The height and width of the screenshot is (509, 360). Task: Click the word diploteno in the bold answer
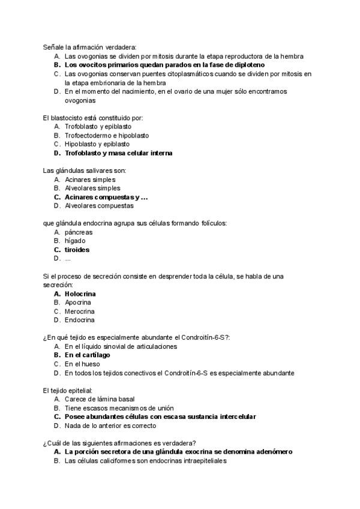tap(248, 65)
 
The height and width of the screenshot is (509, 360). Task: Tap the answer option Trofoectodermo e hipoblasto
tap(107, 136)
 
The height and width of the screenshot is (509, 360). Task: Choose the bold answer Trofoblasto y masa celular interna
tap(118, 153)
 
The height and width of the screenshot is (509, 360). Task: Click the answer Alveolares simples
tap(92, 188)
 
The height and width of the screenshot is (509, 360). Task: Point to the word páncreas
tap(79, 232)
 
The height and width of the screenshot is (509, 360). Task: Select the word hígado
tap(75, 241)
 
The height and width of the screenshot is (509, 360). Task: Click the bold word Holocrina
tap(80, 294)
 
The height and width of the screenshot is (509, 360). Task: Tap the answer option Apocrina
tap(78, 303)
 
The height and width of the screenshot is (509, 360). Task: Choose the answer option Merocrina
tap(79, 312)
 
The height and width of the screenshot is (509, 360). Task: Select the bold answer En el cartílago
tap(88, 355)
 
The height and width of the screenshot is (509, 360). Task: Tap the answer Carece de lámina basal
tap(99, 399)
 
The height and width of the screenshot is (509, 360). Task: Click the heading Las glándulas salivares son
tap(84, 170)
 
